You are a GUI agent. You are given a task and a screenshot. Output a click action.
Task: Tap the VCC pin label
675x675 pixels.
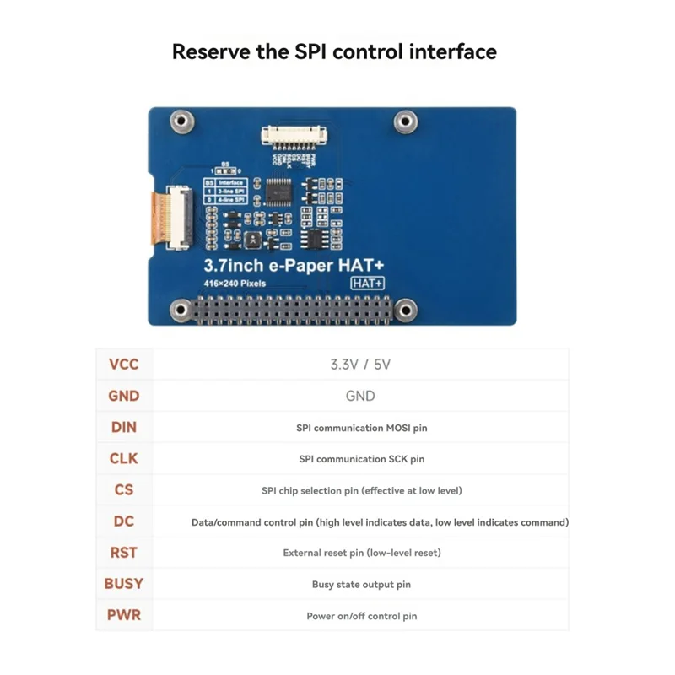(123, 365)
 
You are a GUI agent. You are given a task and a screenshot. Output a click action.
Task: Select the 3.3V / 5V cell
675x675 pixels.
(360, 365)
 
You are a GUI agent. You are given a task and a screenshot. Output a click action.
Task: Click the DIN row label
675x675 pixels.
(123, 427)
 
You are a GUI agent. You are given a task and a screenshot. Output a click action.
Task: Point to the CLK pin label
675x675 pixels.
(123, 458)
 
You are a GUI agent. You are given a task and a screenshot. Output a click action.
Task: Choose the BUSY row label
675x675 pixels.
(123, 583)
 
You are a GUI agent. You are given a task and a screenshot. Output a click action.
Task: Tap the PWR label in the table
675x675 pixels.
(123, 614)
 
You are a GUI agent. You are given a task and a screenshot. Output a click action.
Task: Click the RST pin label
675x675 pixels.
(123, 553)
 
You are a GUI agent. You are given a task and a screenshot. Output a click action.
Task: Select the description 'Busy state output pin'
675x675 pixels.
(361, 584)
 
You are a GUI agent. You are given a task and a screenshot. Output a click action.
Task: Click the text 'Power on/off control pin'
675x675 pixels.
(361, 616)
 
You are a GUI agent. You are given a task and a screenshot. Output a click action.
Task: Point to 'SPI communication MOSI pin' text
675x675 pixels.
(361, 428)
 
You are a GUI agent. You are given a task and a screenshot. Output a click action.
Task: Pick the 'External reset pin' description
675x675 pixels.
(361, 553)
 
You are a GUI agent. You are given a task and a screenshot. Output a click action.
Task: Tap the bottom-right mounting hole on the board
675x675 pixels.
(406, 310)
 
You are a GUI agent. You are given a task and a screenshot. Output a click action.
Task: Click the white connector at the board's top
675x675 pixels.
(292, 133)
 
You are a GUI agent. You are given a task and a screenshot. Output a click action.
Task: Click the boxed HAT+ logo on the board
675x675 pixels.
(368, 283)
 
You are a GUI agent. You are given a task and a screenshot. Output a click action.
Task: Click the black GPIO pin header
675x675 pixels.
(292, 310)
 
